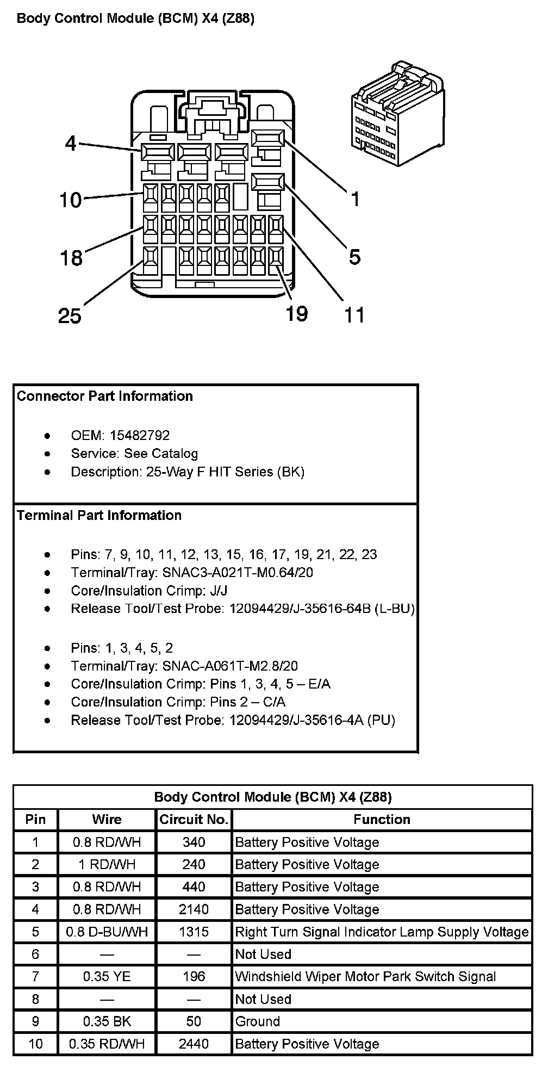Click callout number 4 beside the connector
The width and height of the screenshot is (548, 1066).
point(71,144)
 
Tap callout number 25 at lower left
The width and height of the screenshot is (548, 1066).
point(70,315)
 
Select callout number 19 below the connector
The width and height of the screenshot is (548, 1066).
point(297,314)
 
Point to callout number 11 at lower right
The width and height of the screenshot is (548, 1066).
point(354,315)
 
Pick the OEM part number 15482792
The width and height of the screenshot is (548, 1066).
point(140,436)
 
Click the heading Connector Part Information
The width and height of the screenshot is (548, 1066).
point(105,396)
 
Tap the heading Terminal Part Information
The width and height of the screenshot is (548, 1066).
point(99,515)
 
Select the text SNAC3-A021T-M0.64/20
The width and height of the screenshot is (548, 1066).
point(238,573)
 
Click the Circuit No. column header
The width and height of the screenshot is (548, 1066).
point(194,820)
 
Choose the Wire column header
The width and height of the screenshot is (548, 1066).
point(107,820)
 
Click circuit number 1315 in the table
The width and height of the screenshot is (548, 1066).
point(194,932)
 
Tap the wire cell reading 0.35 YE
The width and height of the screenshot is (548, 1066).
point(107,977)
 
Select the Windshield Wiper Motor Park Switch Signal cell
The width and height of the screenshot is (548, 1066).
point(365,977)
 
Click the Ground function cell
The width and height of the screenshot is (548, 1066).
point(258,1021)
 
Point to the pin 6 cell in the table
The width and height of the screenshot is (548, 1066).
point(35,955)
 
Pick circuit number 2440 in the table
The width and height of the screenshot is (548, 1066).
point(194,1044)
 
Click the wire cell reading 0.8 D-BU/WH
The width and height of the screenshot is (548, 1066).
point(107,932)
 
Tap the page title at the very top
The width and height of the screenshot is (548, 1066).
point(136,18)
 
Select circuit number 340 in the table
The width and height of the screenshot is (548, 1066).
point(194,842)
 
